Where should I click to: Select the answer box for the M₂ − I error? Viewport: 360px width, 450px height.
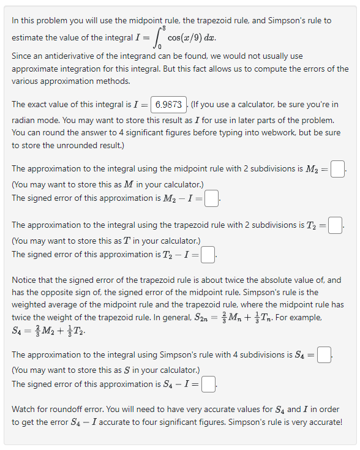pyautogui.click(x=211, y=198)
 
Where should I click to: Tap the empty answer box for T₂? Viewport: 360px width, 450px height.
pyautogui.click(x=334, y=225)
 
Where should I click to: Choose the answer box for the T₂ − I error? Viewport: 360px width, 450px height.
pyautogui.click(x=208, y=254)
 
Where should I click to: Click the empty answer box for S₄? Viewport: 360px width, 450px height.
pyautogui.click(x=325, y=354)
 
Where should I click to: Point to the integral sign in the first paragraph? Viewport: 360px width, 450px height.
pyautogui.click(x=153, y=38)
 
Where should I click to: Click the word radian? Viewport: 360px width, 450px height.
pyautogui.click(x=24, y=120)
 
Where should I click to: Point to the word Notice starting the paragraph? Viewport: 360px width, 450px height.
pyautogui.click(x=26, y=280)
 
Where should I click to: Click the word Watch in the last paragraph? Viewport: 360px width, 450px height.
pyautogui.click(x=25, y=408)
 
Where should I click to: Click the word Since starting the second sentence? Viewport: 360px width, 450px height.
pyautogui.click(x=23, y=56)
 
